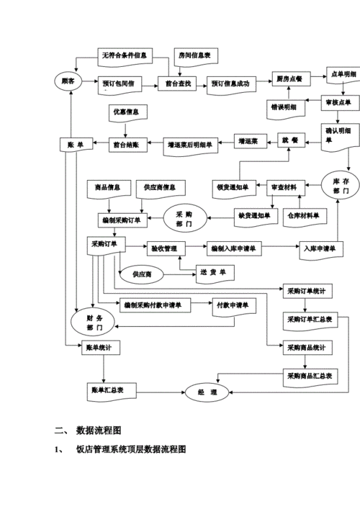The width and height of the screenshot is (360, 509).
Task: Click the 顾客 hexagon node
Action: pos(69,81)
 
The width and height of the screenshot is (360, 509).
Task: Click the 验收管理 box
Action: pos(166,248)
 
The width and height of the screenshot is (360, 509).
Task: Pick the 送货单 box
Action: pos(213,271)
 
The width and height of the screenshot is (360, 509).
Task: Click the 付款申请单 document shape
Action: pos(233,305)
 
